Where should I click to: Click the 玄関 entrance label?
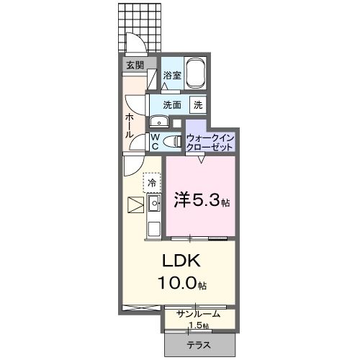point(135,66)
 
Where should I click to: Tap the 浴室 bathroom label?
point(171,75)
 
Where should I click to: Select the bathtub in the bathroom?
point(196,73)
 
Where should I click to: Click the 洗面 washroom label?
point(171,104)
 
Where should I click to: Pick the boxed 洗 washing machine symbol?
point(197,104)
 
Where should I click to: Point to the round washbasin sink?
point(156,121)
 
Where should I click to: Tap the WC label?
point(155,141)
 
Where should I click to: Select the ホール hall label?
point(129,125)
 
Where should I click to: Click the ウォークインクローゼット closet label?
point(210,142)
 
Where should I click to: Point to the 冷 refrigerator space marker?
point(152,183)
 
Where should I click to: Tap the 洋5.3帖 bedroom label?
point(202,201)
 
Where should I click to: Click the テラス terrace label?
point(199,345)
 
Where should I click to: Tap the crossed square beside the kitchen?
point(134,206)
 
